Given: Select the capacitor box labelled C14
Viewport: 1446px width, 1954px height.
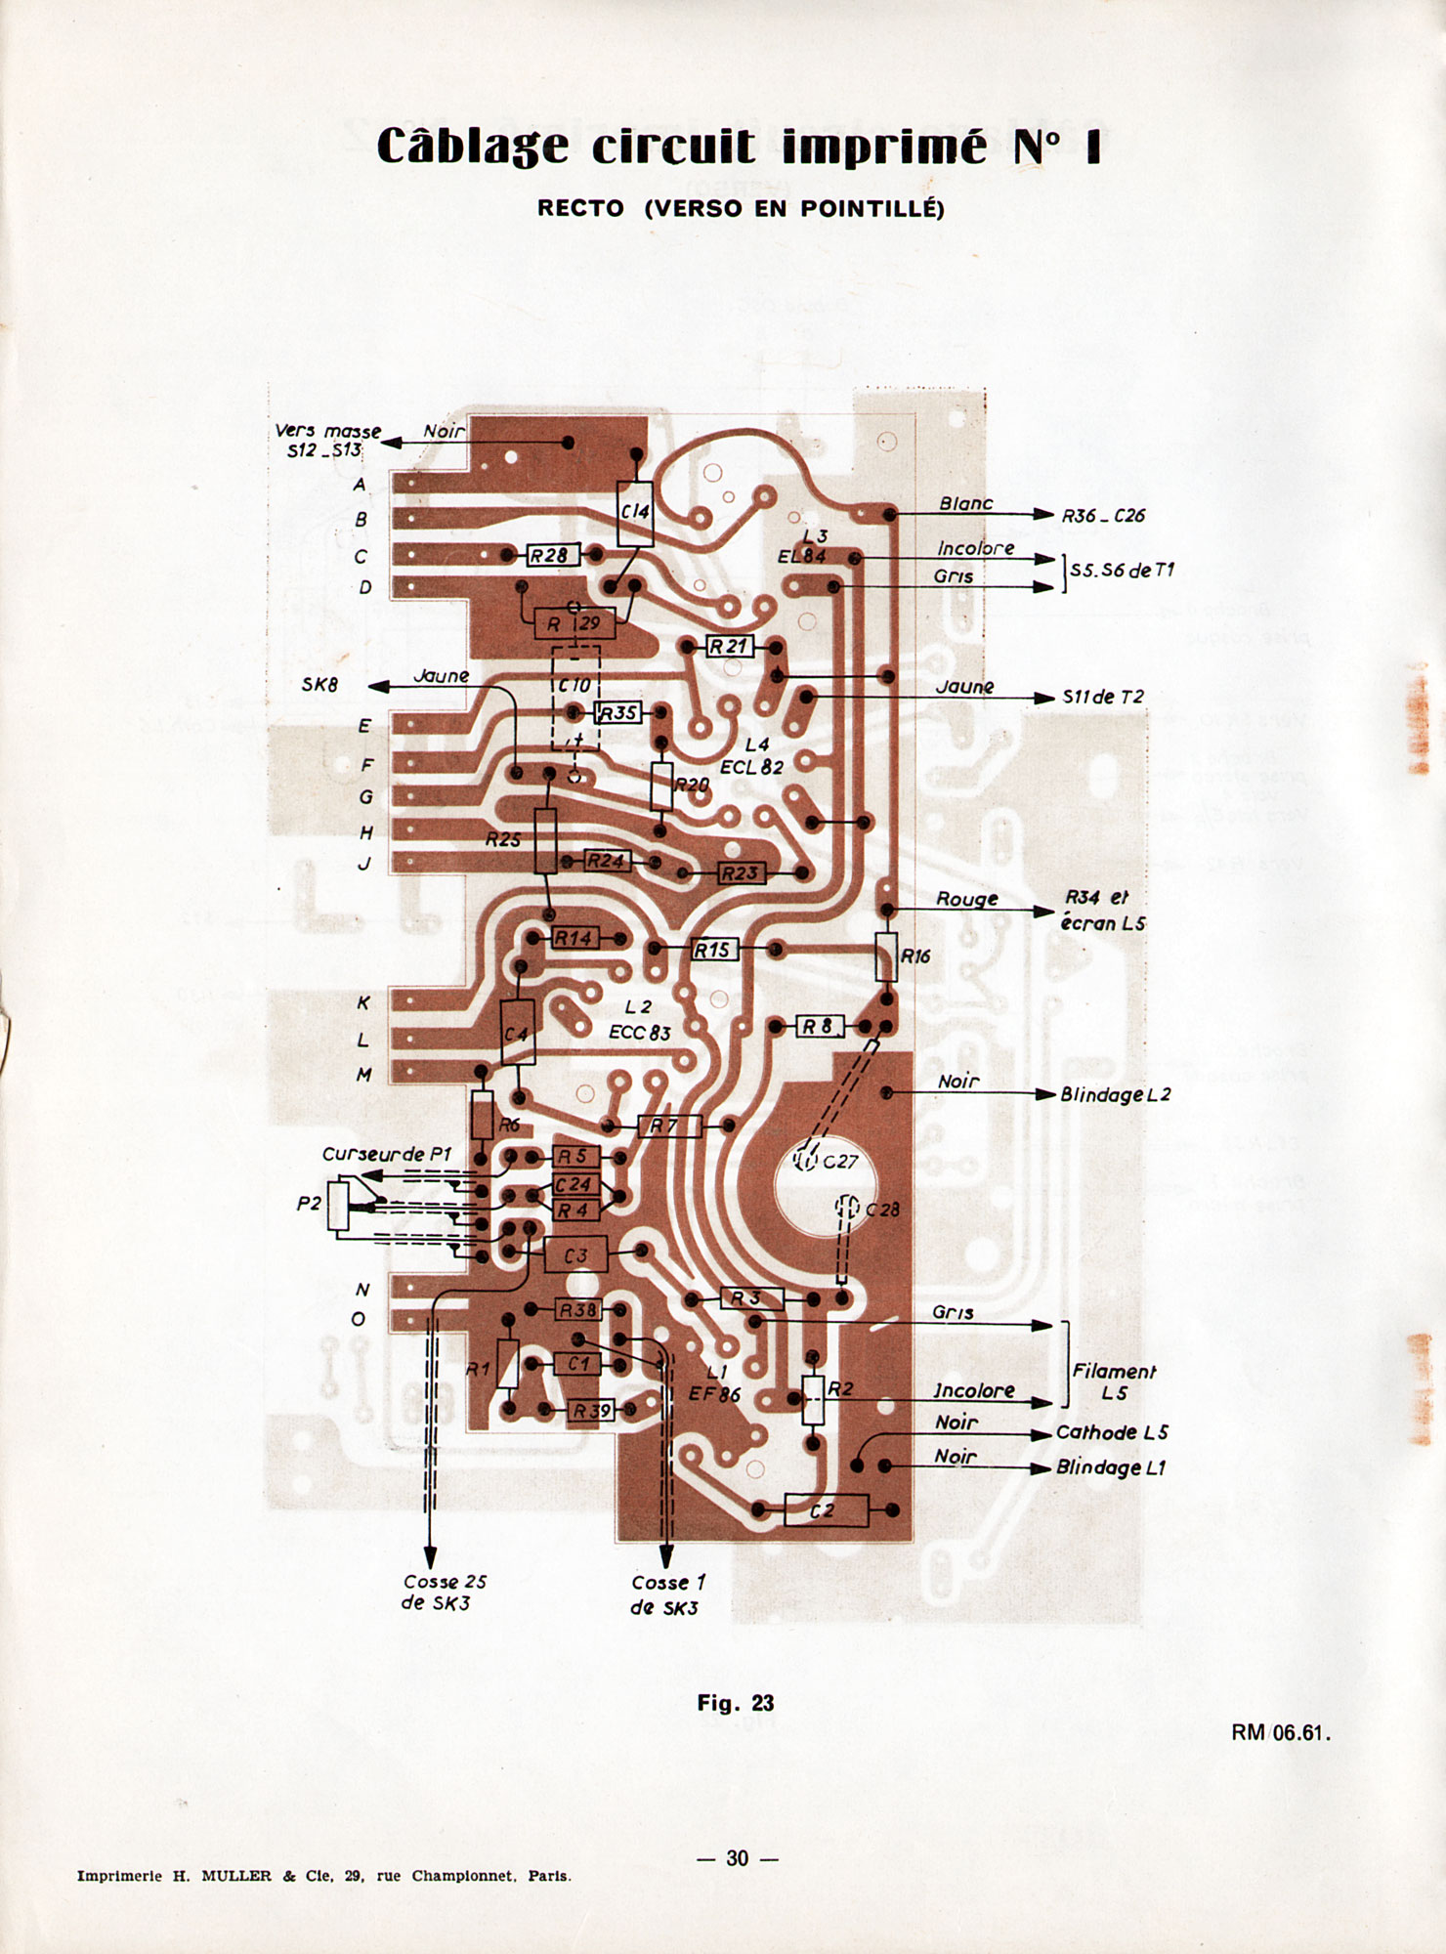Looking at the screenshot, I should (x=635, y=513).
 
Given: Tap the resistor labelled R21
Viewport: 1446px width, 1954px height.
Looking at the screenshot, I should (x=729, y=646).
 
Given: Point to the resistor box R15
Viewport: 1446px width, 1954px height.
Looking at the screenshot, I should (x=713, y=949).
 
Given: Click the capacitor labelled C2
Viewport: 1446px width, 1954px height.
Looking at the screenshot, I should (x=826, y=1510).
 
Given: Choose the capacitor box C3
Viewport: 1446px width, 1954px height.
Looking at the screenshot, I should (x=575, y=1255).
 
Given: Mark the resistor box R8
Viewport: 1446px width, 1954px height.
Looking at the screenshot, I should (x=819, y=1027).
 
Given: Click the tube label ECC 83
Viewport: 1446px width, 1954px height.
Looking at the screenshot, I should (x=640, y=1033).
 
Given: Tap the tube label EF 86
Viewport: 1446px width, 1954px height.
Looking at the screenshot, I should (x=714, y=1394).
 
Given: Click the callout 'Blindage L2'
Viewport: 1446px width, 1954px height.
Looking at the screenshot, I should (x=1115, y=1094).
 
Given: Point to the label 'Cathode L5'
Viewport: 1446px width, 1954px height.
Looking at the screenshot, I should (x=1112, y=1432).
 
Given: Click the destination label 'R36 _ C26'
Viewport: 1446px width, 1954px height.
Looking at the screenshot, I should (x=1103, y=515).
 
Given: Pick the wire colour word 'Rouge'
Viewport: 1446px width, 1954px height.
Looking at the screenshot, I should (x=966, y=899).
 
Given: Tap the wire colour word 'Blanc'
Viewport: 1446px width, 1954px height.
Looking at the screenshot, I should (x=965, y=503).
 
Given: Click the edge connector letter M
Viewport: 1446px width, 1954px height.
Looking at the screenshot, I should (x=363, y=1075).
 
